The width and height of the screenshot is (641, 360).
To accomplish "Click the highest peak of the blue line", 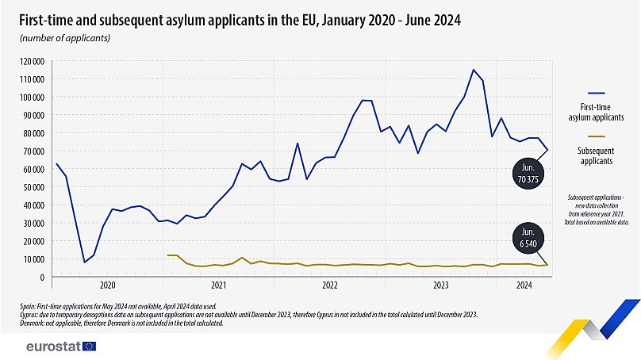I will (474, 70).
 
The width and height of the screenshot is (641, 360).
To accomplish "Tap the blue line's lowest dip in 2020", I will (85, 262).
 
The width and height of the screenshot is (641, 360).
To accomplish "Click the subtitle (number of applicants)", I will (64, 37).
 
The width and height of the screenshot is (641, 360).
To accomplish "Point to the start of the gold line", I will (168, 255).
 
